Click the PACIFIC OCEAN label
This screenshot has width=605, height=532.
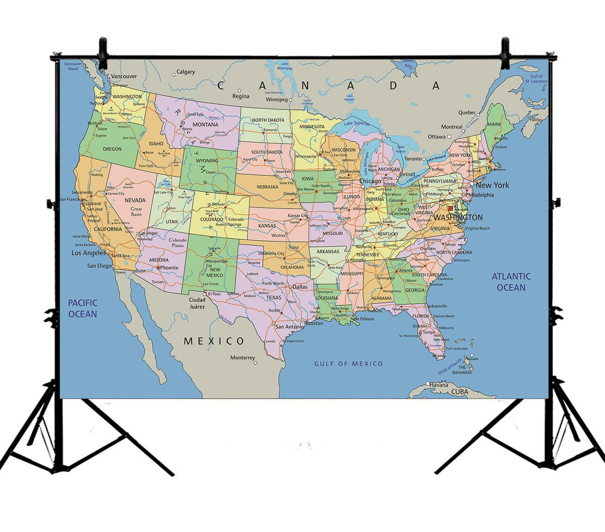point(83,308)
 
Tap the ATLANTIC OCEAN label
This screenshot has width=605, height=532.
point(511,282)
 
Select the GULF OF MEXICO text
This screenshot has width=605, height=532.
point(348,364)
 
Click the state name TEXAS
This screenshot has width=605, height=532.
point(274,298)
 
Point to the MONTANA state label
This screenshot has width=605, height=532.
point(205,124)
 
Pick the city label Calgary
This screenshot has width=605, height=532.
point(186,72)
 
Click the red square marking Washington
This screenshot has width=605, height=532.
point(451,208)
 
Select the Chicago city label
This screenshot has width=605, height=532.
point(370,181)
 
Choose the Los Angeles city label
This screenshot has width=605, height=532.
point(88,253)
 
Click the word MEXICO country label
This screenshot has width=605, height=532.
point(214,341)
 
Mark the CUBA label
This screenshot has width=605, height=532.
point(459,391)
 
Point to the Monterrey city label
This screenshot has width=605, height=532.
point(243,358)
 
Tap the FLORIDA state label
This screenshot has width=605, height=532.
point(420,316)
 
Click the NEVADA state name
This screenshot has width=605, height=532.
point(135,200)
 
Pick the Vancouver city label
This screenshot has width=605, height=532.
point(124,77)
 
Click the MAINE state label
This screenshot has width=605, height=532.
point(494,124)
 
